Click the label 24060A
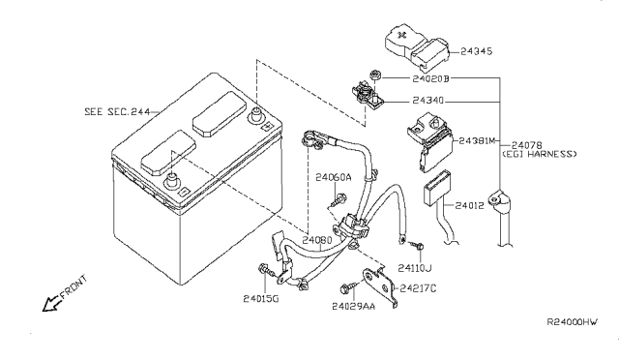click(x=334, y=177)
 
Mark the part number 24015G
click(x=262, y=299)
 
